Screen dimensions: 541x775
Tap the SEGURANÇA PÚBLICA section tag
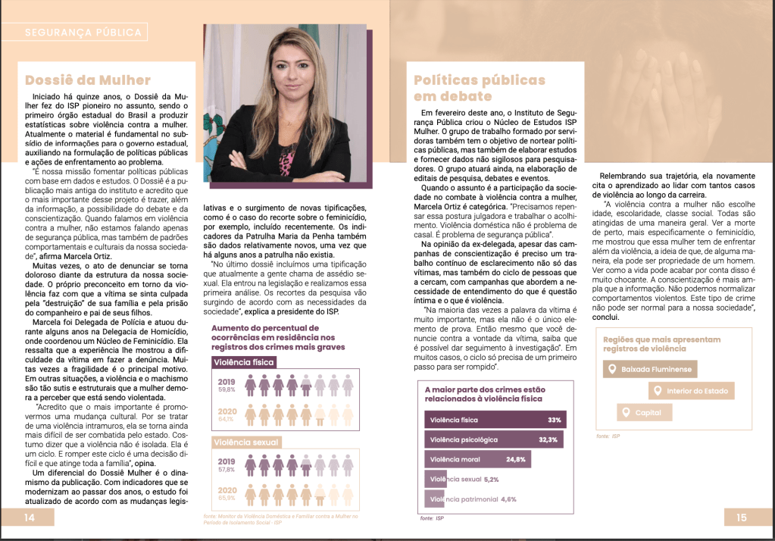point(83,33)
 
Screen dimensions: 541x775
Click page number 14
point(29,518)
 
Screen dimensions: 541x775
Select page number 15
point(741,518)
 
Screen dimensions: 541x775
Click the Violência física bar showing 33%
point(495,419)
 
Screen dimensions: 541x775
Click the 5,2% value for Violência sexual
point(492,480)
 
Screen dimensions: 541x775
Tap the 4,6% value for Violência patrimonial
point(508,499)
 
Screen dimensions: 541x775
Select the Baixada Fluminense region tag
point(651,370)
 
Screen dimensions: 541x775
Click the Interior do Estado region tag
point(692,391)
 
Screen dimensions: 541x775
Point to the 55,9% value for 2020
point(227,498)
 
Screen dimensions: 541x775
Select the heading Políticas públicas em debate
point(479,88)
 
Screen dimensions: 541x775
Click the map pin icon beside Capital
point(625,412)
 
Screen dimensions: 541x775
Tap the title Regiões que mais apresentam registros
point(662,343)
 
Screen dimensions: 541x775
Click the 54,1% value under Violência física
point(227,418)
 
